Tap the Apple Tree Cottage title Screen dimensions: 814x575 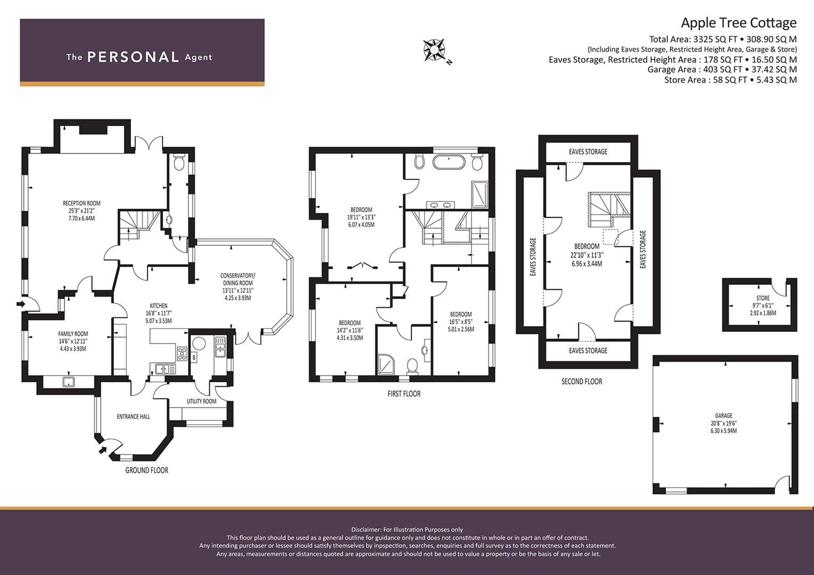[x=739, y=23]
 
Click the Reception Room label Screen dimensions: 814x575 [x=82, y=203]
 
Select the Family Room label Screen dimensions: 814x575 [x=73, y=333]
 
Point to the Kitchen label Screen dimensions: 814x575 [x=158, y=306]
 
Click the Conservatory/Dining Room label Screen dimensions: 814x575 [x=238, y=279]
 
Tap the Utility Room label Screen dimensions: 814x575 [x=201, y=401]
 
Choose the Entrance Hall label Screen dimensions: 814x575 [x=133, y=417]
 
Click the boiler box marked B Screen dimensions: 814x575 [x=194, y=357]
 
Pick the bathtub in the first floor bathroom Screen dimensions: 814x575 [x=449, y=162]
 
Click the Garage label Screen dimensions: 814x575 [x=723, y=415]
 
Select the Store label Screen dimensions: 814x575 [x=763, y=298]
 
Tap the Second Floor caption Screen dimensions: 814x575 [x=582, y=381]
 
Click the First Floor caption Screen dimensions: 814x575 [x=404, y=394]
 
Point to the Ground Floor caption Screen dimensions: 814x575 [x=147, y=471]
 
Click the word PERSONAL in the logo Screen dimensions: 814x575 [x=133, y=57]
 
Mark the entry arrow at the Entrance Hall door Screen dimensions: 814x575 [x=103, y=450]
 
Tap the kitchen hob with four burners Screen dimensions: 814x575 [x=182, y=354]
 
